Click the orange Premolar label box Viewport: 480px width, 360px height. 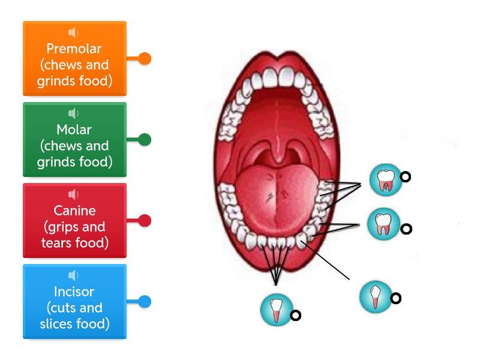(74, 59)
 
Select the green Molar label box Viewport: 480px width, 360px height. (74, 140)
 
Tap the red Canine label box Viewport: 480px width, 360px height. (74, 221)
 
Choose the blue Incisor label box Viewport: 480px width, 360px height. (74, 302)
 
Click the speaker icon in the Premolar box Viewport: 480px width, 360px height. (74, 32)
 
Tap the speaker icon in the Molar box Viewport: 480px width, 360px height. (74, 113)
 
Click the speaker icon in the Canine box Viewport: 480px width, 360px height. (74, 194)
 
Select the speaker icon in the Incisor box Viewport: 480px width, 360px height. (74, 275)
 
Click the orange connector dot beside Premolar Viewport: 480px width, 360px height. (145, 59)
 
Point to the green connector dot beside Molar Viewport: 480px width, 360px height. (145, 140)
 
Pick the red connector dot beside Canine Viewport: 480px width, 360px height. (145, 221)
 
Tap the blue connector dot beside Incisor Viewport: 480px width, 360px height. (145, 302)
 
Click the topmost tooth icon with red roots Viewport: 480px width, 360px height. (385, 179)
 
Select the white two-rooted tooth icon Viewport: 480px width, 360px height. (383, 224)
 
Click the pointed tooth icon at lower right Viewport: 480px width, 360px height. (375, 296)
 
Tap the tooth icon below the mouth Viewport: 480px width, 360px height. (275, 310)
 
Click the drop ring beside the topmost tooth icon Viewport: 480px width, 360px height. (406, 177)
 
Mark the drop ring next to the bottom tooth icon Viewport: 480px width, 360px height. (295, 316)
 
